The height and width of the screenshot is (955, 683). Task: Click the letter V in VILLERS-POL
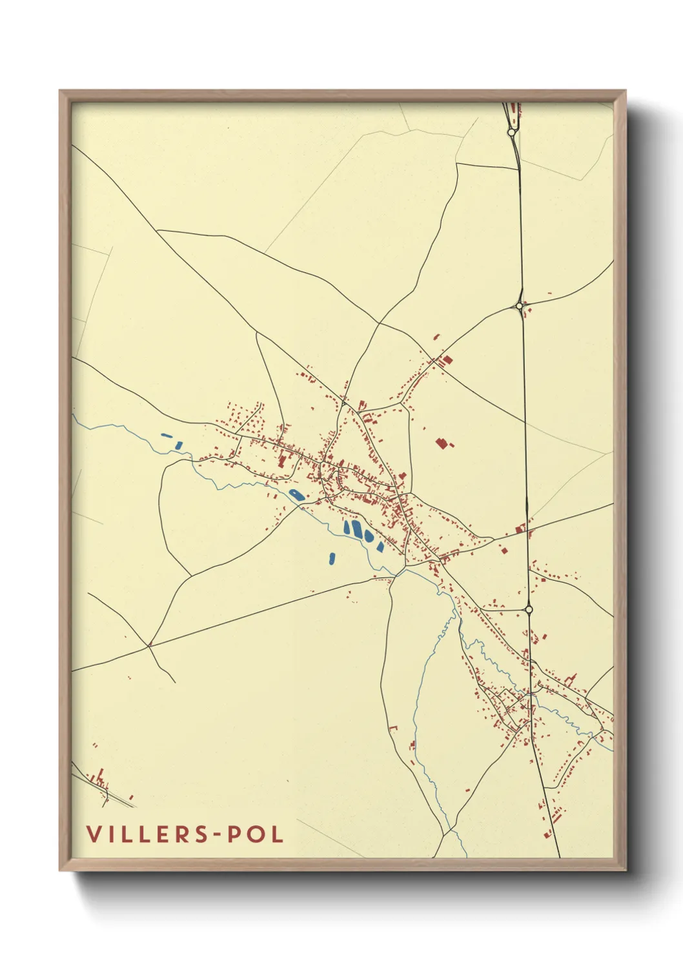pyautogui.click(x=94, y=834)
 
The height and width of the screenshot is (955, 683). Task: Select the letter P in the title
pyautogui.click(x=228, y=834)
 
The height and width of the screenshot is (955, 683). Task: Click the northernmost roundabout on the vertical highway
pyautogui.click(x=511, y=132)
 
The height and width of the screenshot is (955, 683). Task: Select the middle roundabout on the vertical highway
pyautogui.click(x=519, y=305)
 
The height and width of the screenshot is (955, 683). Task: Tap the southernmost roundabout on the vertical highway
pyautogui.click(x=529, y=608)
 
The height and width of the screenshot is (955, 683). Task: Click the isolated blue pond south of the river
pyautogui.click(x=332, y=558)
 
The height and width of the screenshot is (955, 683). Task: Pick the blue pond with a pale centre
pyautogui.click(x=296, y=495)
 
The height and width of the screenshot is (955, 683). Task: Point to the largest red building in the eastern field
pyautogui.click(x=442, y=443)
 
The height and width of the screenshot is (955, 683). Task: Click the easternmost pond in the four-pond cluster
pyautogui.click(x=380, y=547)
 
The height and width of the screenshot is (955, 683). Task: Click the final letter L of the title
pyautogui.click(x=278, y=834)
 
